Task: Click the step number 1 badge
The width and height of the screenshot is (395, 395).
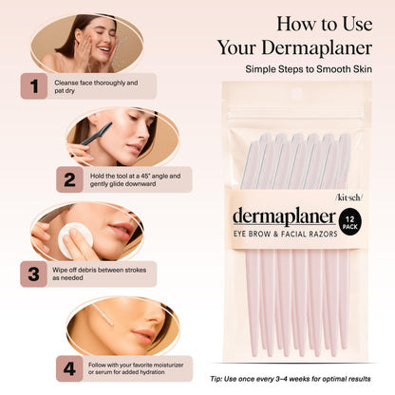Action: (34, 86)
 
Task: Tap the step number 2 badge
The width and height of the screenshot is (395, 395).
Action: (69, 179)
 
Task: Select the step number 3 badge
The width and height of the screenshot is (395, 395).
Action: (34, 273)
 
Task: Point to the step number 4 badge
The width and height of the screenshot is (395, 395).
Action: (69, 367)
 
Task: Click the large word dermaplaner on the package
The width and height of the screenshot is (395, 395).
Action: (284, 216)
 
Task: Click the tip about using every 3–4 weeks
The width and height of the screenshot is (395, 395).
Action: (302, 379)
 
